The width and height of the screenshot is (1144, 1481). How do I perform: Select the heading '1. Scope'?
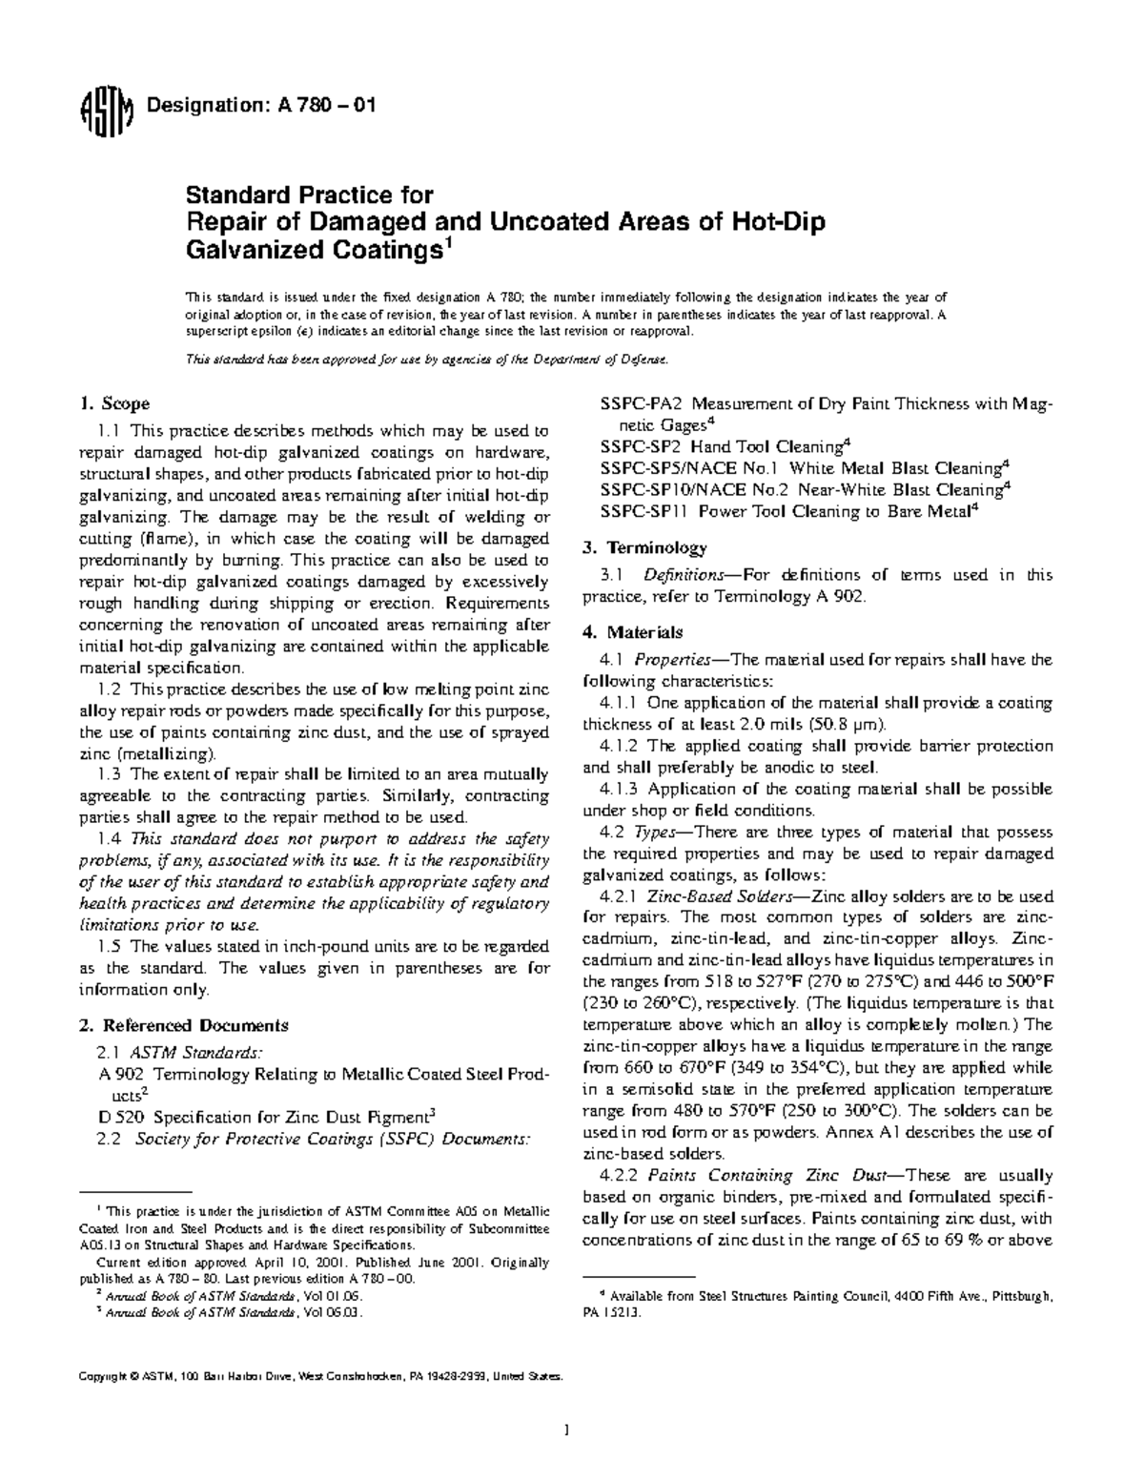pos(114,403)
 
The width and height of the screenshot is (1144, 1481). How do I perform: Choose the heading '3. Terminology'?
pos(644,547)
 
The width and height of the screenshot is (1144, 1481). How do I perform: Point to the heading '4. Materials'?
pos(632,631)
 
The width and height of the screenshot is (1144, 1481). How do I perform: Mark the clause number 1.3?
pos(111,774)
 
